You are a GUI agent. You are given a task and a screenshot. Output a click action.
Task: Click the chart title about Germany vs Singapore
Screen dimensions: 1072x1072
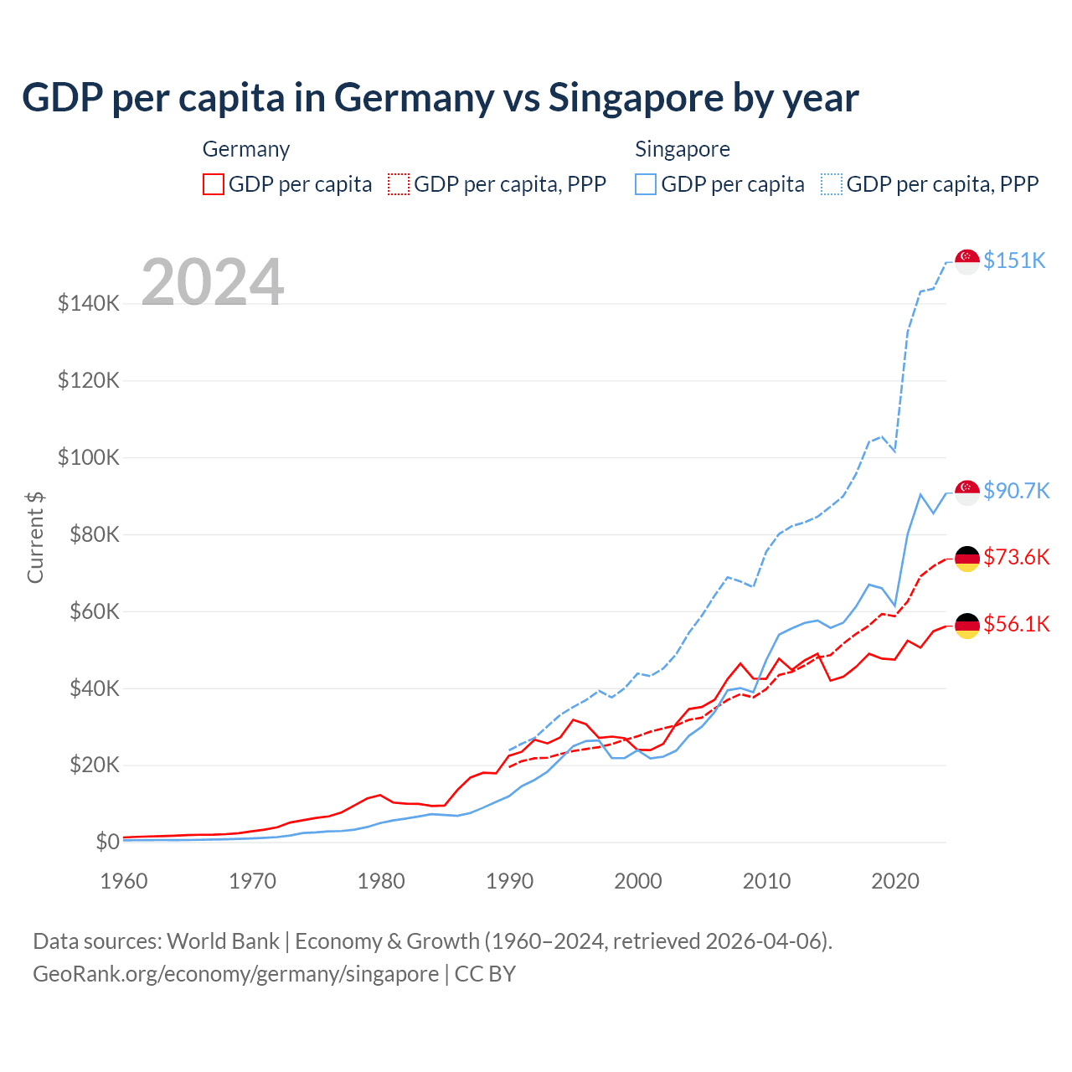[440, 97]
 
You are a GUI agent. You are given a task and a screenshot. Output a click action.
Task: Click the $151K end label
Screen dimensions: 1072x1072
[1014, 260]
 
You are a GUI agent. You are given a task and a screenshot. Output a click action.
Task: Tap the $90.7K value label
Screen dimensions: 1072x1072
[1016, 491]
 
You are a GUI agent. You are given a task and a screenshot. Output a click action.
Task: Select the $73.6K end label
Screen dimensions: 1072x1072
[1016, 557]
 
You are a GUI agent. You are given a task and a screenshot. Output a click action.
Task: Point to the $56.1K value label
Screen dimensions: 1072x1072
[1016, 624]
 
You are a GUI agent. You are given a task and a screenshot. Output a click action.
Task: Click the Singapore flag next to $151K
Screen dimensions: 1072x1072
[967, 261]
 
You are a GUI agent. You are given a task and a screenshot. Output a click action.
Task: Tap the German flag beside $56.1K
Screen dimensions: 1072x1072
[967, 626]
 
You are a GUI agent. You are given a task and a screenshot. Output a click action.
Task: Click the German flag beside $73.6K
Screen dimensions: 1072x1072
[967, 559]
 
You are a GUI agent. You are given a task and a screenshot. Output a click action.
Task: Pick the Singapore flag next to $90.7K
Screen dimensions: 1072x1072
[967, 492]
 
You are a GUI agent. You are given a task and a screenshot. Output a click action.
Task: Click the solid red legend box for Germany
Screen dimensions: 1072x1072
[214, 184]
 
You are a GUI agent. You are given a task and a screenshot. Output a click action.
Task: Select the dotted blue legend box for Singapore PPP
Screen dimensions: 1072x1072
[832, 184]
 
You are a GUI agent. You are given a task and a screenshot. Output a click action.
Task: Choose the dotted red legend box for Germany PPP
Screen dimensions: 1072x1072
[399, 184]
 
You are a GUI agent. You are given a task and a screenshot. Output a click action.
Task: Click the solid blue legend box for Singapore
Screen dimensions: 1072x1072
[646, 184]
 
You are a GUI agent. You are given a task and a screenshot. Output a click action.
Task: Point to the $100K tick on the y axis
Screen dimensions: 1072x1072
[89, 458]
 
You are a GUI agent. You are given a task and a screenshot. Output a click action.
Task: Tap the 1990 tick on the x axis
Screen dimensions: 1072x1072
[509, 881]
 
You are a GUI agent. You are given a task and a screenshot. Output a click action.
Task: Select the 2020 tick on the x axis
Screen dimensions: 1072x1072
[895, 881]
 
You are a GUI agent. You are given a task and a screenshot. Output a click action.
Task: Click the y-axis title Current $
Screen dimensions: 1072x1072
[35, 537]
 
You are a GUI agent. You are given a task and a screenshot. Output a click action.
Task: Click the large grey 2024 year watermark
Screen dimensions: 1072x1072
[213, 282]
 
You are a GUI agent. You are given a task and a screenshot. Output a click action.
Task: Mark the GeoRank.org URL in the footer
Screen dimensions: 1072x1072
[235, 974]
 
